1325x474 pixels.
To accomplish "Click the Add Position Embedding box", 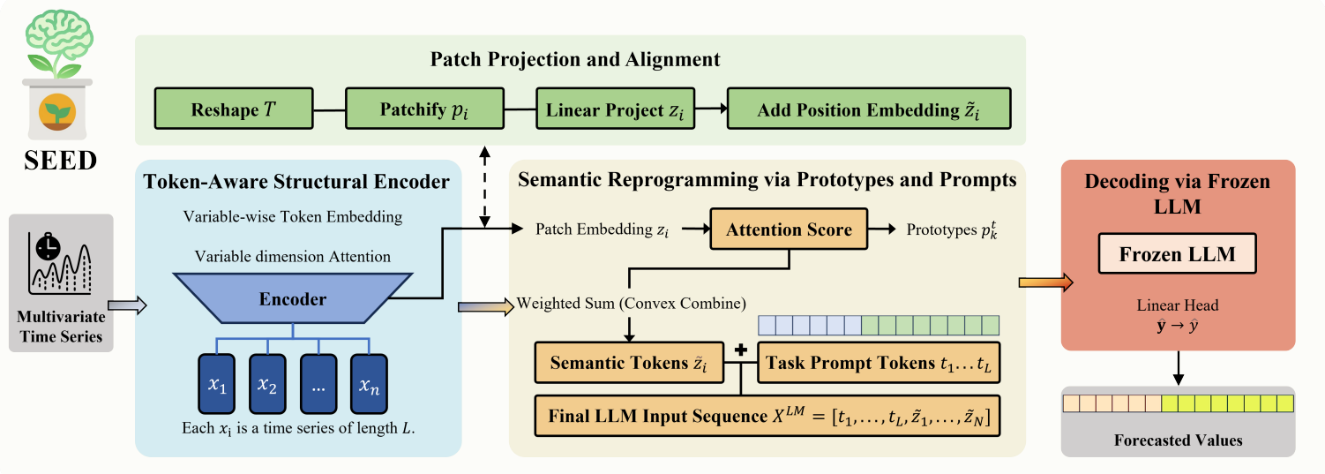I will point(868,109).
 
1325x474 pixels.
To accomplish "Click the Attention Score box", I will point(789,229).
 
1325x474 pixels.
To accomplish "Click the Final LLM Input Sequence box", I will point(767,414).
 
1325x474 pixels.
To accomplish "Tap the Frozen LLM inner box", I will point(1177,256).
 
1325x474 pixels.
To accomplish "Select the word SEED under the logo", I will point(62,162).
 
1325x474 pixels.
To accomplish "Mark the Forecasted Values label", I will point(1178,440).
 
